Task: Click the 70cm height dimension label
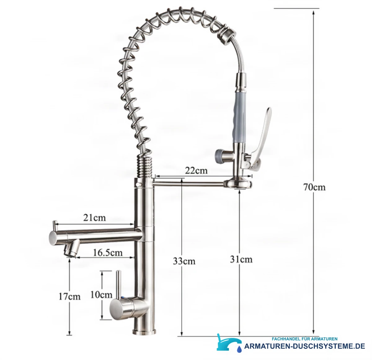[314, 187]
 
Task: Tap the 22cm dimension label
[196, 170]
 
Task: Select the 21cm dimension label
[94, 218]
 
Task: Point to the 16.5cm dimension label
[108, 252]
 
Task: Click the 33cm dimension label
[184, 261]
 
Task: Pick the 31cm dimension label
[241, 260]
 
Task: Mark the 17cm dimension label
[69, 297]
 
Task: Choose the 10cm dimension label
[101, 295]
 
